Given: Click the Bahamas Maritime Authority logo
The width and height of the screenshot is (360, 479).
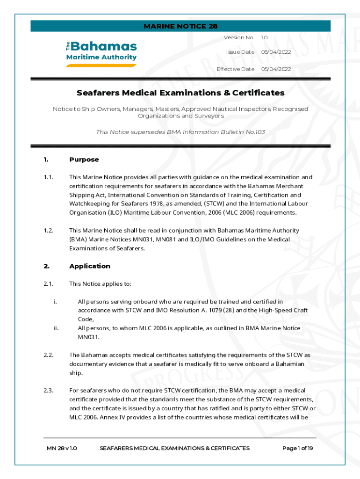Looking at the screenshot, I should click(x=101, y=53).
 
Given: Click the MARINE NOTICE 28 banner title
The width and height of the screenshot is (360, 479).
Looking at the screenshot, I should click(x=180, y=26).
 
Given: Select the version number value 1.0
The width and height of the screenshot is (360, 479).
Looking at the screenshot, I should click(x=264, y=37).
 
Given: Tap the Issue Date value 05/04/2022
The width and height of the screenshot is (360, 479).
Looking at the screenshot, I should click(x=276, y=52).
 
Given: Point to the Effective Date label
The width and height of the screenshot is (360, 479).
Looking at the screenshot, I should click(x=236, y=69).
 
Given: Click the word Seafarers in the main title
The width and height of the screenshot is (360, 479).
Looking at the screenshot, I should click(x=97, y=93).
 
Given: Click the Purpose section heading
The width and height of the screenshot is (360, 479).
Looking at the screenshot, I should click(x=84, y=160).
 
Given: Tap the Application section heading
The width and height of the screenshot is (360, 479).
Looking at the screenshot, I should click(x=90, y=266).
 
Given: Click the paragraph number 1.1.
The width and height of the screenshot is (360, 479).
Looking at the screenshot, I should click(x=48, y=177).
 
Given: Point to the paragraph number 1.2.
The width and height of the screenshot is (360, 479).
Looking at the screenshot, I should click(x=48, y=231).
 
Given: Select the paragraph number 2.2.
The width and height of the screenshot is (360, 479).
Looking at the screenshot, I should click(x=48, y=355).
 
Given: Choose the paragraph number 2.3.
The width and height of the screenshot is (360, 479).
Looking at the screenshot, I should click(x=48, y=391).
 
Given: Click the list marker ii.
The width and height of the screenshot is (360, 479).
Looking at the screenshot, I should click(x=56, y=328).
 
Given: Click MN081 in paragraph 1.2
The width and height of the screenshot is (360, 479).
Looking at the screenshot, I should click(x=169, y=239).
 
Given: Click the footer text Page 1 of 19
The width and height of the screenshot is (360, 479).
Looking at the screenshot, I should click(x=297, y=448).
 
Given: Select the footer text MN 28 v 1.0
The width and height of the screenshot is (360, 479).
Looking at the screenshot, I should click(x=62, y=448).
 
